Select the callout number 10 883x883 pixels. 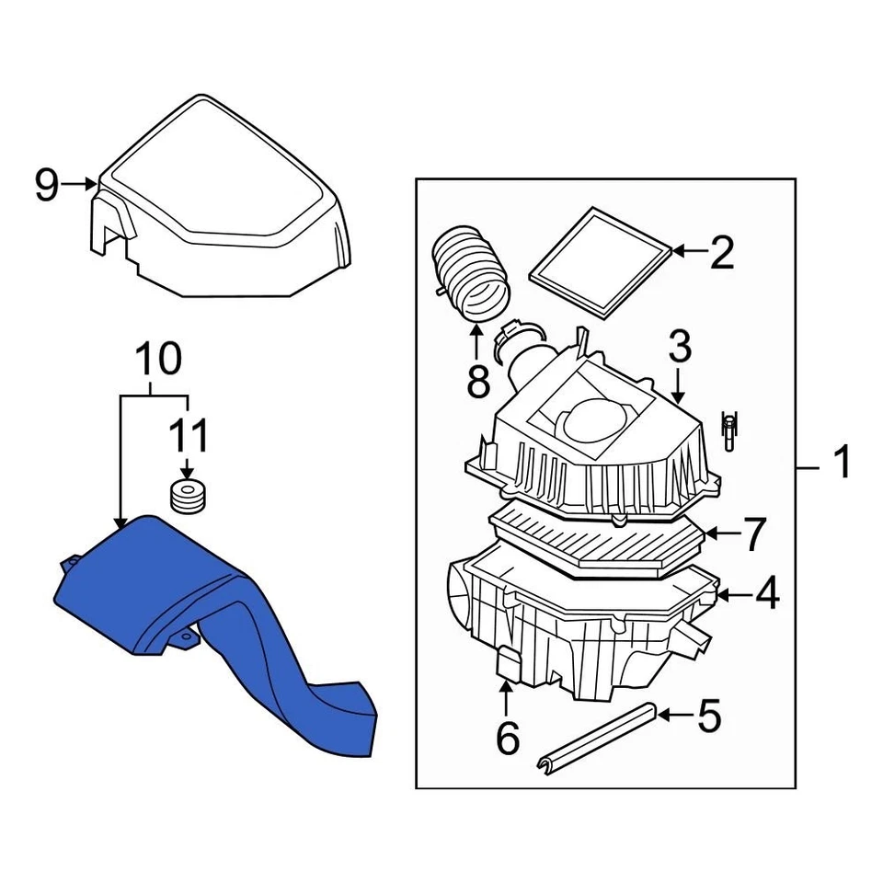click(x=160, y=360)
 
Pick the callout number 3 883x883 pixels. click(x=679, y=348)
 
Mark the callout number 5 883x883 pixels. click(x=708, y=716)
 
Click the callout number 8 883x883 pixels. click(x=477, y=380)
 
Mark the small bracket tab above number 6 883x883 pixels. click(x=508, y=662)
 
